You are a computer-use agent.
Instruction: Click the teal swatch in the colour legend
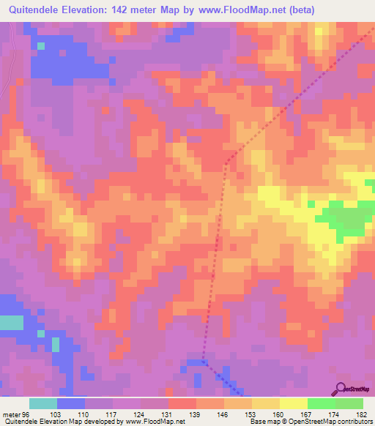(43, 403)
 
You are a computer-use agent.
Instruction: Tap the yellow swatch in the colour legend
(293, 403)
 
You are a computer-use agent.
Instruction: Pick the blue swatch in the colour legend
(71, 403)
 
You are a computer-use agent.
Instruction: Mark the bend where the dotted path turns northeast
(226, 162)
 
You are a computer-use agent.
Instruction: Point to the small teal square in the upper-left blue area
(41, 45)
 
